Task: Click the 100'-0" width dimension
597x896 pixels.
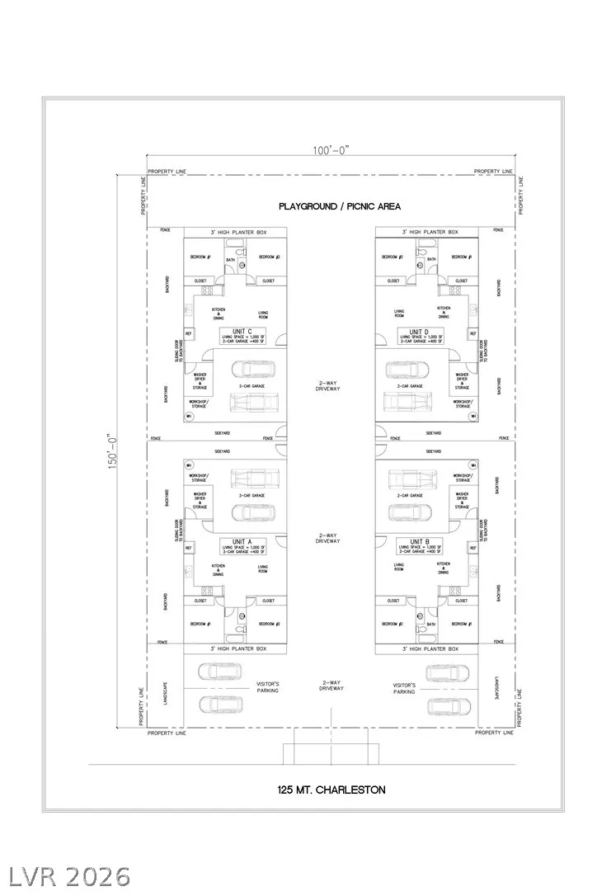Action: pos(331,150)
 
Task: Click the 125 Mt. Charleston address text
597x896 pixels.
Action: pos(331,790)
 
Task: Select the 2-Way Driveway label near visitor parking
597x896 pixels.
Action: pos(332,686)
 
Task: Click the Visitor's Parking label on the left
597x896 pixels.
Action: pos(266,687)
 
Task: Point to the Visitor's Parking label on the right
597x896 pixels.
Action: pos(404,687)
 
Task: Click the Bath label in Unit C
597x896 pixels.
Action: pos(231,260)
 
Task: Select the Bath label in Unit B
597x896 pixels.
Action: pos(431,625)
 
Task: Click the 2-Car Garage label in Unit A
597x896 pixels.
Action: pos(251,495)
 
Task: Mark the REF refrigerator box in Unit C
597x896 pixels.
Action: pos(188,334)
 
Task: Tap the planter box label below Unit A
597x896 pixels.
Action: pos(238,649)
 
